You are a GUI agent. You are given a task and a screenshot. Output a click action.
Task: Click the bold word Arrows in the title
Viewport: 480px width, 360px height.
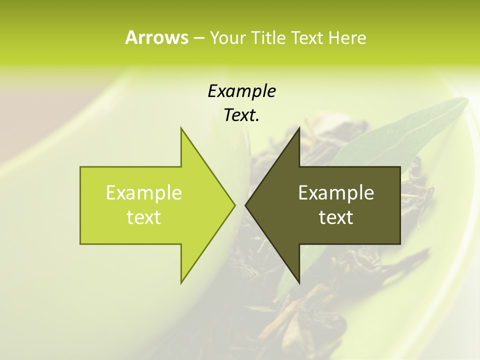pyautogui.click(x=156, y=37)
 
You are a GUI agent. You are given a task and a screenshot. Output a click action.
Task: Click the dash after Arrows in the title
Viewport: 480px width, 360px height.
pyautogui.click(x=198, y=38)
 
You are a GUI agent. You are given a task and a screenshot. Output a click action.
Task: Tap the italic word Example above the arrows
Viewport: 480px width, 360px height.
pyautogui.click(x=241, y=91)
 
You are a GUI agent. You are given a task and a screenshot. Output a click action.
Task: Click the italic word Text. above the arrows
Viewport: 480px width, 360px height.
pyautogui.click(x=241, y=115)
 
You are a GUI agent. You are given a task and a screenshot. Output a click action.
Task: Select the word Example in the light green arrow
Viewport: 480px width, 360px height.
pyautogui.click(x=144, y=193)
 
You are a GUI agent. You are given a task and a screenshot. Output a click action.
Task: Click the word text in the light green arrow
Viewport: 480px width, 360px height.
pyautogui.click(x=144, y=217)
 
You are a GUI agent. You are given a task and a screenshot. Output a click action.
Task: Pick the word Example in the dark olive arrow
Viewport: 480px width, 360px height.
pyautogui.click(x=336, y=193)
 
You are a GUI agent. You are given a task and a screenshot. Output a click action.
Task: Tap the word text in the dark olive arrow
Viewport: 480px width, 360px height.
pyautogui.click(x=336, y=217)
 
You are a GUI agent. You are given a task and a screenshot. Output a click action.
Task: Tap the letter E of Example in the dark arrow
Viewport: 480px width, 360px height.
pyautogui.click(x=303, y=193)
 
